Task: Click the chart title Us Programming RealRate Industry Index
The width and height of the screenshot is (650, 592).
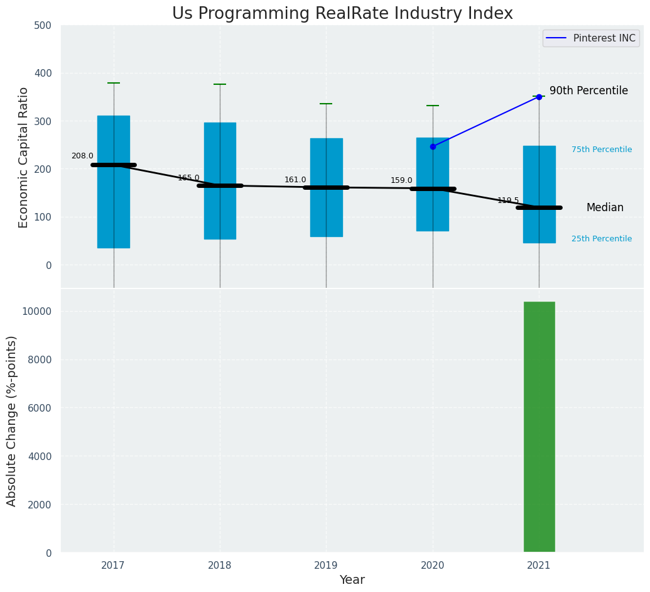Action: pos(342,14)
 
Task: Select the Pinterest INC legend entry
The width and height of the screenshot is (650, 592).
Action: pos(591,38)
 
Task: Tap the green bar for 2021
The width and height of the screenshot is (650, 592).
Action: pos(539,427)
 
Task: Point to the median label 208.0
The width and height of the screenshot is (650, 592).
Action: pos(82,156)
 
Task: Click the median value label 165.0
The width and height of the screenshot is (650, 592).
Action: pos(188,178)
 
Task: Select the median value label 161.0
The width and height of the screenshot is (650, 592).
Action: pos(295,180)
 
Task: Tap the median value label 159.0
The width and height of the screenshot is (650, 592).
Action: pos(401,181)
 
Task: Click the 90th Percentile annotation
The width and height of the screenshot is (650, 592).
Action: pos(588,91)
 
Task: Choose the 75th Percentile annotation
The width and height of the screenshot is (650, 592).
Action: pos(601,150)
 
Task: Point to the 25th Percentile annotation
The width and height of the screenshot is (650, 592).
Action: pos(601,239)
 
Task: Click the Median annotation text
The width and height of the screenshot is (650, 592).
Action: pos(605,208)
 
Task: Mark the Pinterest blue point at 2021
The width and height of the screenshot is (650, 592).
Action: pos(539,97)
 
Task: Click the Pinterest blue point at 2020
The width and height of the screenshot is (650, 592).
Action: pos(433,146)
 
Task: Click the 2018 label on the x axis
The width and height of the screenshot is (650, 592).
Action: pos(220,566)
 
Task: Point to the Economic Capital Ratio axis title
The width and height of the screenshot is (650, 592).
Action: pos(24,157)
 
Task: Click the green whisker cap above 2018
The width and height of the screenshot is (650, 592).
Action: pos(220,84)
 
